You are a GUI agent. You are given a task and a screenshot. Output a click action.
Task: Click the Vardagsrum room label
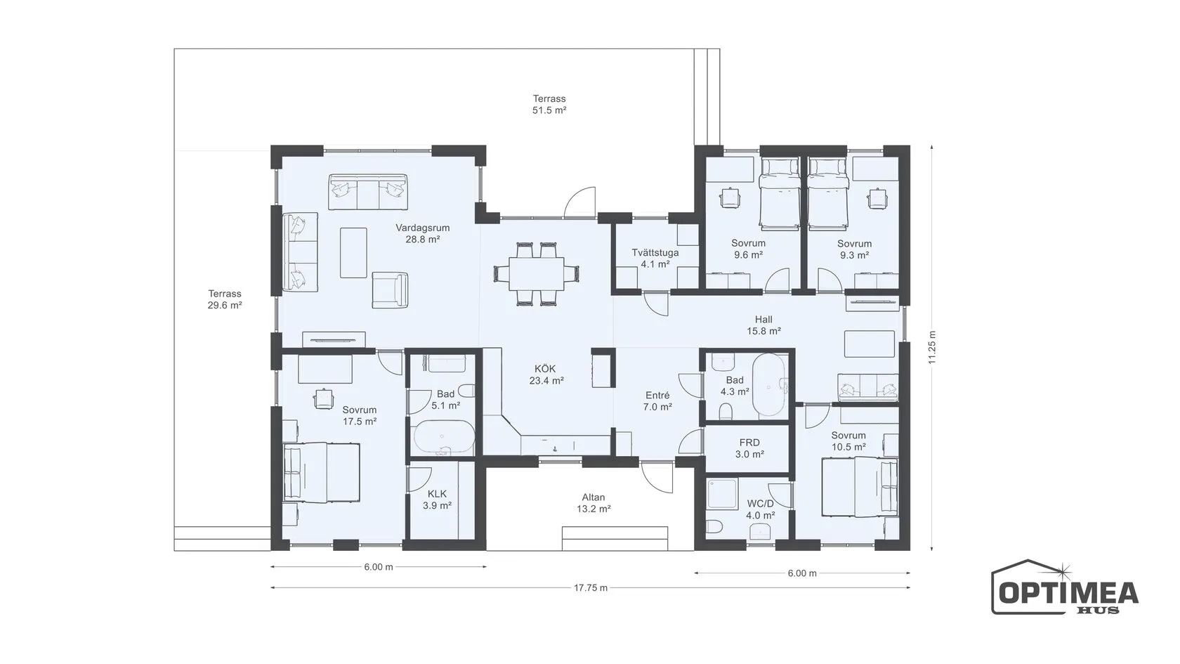pyautogui.click(x=423, y=233)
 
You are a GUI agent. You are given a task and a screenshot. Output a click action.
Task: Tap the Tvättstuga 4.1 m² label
pyautogui.click(x=655, y=259)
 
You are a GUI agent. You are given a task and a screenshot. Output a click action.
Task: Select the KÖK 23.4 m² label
pyautogui.click(x=546, y=375)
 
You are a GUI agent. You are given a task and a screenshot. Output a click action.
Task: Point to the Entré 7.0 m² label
pyautogui.click(x=657, y=401)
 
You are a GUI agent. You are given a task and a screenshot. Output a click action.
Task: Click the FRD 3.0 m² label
pyautogui.click(x=749, y=448)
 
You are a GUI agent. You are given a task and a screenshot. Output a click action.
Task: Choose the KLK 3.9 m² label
pyautogui.click(x=437, y=500)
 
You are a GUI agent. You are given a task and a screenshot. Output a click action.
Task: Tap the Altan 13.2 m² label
pyautogui.click(x=593, y=503)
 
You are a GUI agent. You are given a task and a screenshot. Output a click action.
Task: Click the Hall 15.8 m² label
pyautogui.click(x=763, y=325)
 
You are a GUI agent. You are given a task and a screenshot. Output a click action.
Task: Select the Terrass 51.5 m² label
pyautogui.click(x=549, y=104)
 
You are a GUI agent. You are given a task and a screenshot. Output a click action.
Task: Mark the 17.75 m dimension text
pyautogui.click(x=591, y=587)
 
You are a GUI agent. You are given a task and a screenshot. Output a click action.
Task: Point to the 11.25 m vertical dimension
pyautogui.click(x=933, y=347)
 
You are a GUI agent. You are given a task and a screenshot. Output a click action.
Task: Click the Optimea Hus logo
pyautogui.click(x=1065, y=587)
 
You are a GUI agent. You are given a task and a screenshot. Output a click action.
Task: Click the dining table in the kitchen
pyautogui.click(x=537, y=274)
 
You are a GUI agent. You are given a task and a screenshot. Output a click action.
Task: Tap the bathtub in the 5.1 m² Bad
pyautogui.click(x=444, y=437)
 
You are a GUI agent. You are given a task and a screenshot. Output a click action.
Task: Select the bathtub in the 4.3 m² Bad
pyautogui.click(x=770, y=385)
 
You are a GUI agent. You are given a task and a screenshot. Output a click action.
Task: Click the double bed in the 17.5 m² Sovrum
pyautogui.click(x=322, y=473)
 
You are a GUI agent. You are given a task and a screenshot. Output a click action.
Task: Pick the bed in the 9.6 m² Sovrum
pyautogui.click(x=779, y=194)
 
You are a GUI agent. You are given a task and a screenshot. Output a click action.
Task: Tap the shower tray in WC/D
pyautogui.click(x=723, y=494)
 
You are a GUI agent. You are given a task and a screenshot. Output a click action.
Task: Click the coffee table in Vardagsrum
pyautogui.click(x=353, y=252)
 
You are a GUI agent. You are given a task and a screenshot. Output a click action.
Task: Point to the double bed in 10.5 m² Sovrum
pyautogui.click(x=860, y=487)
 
